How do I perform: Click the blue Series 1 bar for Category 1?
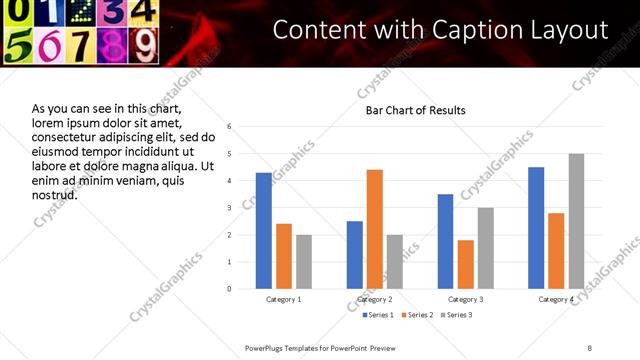[x=264, y=231]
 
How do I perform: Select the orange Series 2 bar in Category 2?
[x=375, y=229]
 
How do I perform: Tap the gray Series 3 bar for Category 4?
[x=576, y=221]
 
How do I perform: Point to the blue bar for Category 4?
[x=537, y=228]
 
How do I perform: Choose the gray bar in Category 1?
[x=304, y=262]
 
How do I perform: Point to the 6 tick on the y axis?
[x=230, y=127]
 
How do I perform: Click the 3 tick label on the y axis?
[x=230, y=208]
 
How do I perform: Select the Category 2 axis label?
[x=375, y=299]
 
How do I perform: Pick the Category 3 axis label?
[x=466, y=299]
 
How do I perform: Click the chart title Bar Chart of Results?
[x=415, y=109]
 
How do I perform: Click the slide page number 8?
[x=590, y=347]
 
